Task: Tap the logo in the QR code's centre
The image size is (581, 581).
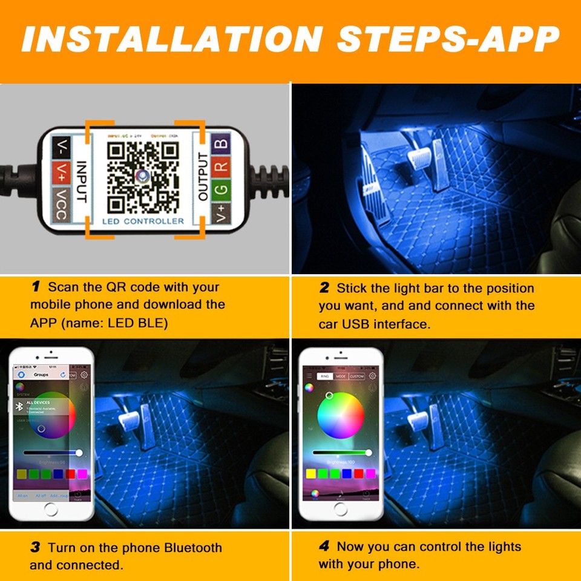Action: click(142, 176)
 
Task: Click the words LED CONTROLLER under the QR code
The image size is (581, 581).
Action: click(143, 222)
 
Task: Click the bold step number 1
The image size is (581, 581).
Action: click(36, 287)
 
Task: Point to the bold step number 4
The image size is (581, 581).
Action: click(324, 547)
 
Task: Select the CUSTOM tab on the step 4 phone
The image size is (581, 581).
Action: click(357, 376)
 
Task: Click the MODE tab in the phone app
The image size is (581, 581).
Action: click(341, 376)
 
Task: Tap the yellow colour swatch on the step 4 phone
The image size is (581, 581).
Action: click(312, 473)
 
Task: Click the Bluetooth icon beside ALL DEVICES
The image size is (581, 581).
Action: click(19, 407)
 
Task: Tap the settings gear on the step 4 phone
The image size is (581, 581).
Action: click(372, 376)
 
